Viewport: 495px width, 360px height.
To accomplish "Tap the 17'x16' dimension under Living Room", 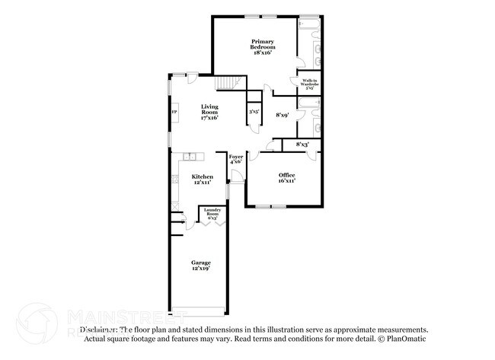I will coord(209,118).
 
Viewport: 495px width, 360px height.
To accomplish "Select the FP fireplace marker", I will coord(174,113).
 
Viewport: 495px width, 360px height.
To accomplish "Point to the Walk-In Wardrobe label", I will coord(309,84).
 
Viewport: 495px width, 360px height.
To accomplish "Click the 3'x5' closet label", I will coord(254,113).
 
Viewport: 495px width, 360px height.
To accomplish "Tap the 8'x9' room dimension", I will coord(281,115).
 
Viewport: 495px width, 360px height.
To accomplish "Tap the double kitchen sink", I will coord(190,157).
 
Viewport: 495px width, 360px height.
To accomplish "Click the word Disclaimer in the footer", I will coord(100,330).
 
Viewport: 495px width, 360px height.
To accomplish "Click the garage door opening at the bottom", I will coord(198,311).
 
